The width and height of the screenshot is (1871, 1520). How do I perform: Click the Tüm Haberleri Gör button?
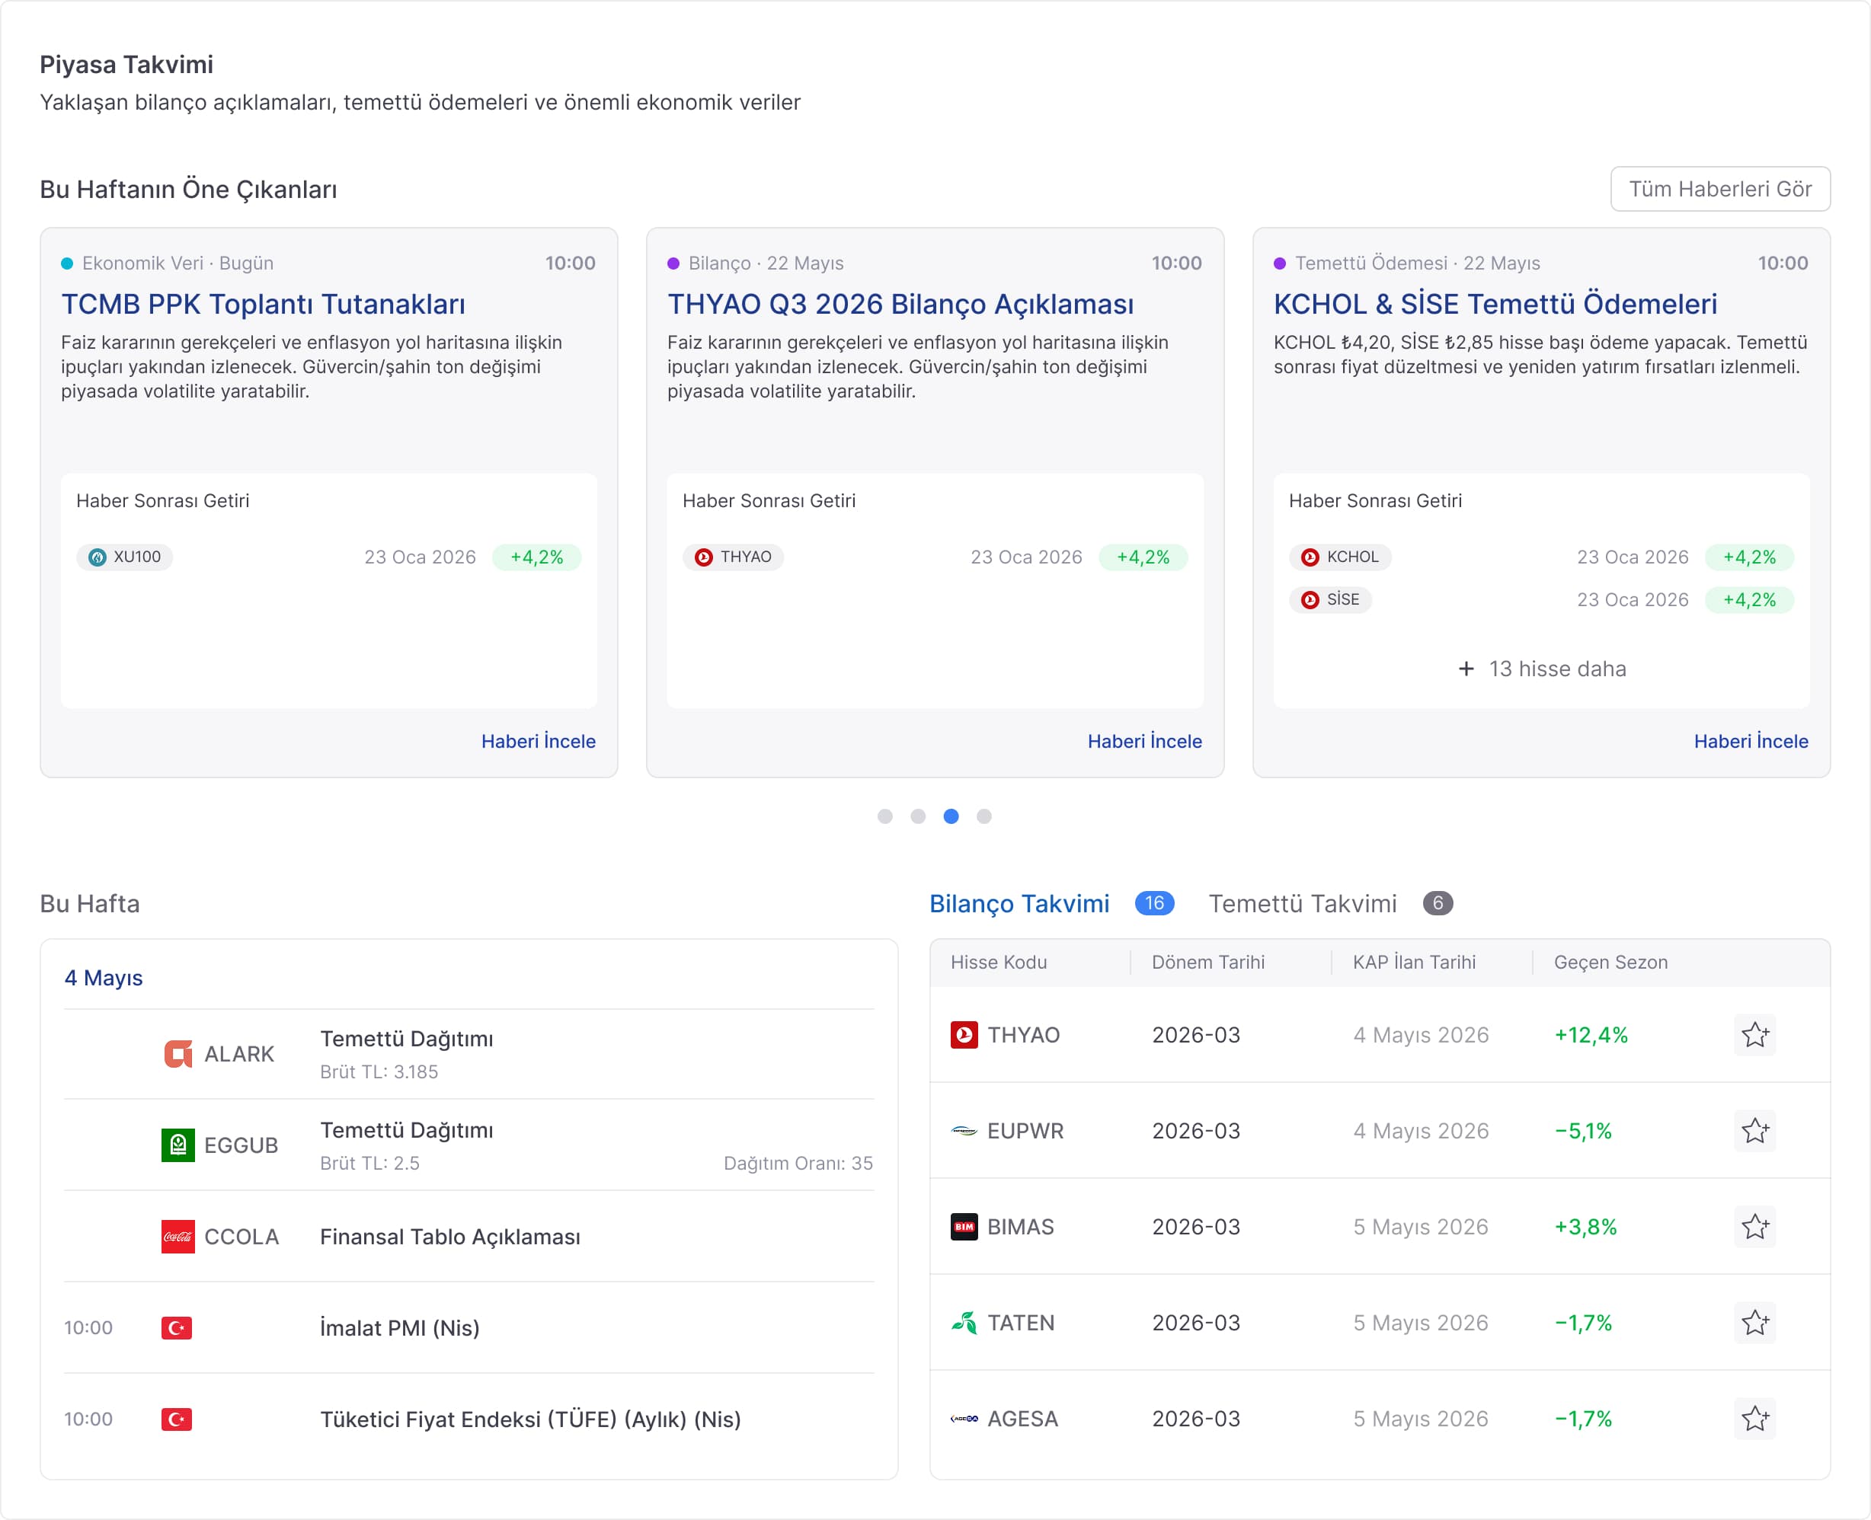[1719, 189]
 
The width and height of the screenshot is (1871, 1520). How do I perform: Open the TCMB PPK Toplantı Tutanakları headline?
[263, 304]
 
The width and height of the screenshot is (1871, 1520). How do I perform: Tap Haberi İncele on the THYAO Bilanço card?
[1144, 741]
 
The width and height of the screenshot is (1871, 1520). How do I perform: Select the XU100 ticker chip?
[124, 557]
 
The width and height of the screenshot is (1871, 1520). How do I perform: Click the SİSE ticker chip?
[1329, 600]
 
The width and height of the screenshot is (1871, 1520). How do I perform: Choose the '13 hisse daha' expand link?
[1542, 669]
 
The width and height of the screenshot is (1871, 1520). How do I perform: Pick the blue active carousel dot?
[951, 816]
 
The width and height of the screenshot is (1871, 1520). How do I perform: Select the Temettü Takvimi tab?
[1303, 904]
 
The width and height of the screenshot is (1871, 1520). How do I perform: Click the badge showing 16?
[1154, 902]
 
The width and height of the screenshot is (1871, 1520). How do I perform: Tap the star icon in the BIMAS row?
[1754, 1227]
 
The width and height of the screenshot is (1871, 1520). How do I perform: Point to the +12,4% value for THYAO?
[1591, 1035]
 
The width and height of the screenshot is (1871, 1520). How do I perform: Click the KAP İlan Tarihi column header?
[1414, 963]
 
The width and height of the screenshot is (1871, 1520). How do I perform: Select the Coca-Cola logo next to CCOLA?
[178, 1236]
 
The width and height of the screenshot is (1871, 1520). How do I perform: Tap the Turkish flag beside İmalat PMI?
[177, 1327]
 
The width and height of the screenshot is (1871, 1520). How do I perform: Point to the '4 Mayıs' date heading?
[104, 978]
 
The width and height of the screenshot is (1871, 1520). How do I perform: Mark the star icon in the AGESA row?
[1754, 1419]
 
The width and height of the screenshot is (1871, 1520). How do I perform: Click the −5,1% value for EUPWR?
[1583, 1132]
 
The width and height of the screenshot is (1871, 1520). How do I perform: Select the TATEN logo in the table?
[964, 1322]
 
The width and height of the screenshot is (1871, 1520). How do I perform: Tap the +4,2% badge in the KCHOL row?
[1749, 557]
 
